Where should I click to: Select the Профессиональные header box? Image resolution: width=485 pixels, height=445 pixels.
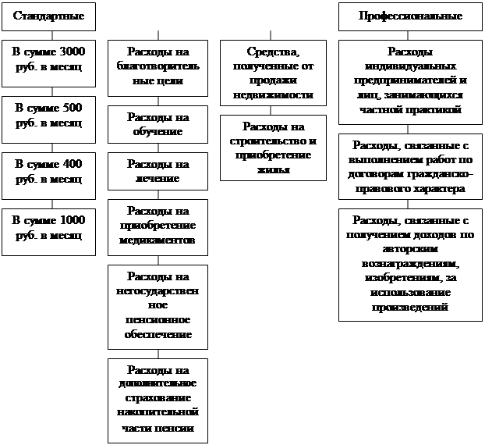[410, 16]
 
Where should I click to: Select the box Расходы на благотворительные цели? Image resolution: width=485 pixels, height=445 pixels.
[158, 67]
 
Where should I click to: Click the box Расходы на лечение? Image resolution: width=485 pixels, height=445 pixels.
[158, 172]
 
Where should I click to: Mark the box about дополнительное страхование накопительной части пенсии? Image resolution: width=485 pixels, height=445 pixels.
[158, 400]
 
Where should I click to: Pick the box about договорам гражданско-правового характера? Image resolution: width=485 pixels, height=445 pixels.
[410, 166]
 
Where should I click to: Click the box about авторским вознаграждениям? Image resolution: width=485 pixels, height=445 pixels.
[410, 263]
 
